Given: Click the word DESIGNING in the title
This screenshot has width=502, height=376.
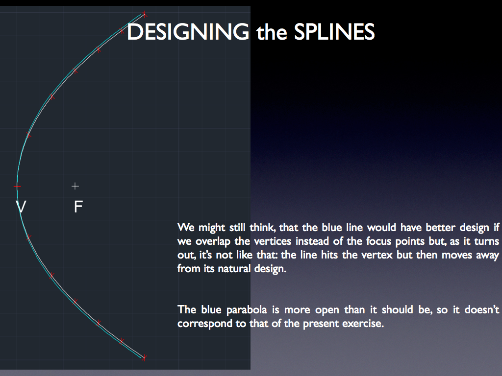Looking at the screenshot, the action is [188, 32].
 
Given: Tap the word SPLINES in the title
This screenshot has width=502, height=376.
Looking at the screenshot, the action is [334, 32].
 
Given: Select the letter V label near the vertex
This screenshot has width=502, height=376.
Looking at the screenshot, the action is [21, 207].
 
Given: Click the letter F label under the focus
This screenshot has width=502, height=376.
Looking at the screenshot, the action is [78, 207].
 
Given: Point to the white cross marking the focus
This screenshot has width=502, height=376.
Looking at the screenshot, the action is [75, 186].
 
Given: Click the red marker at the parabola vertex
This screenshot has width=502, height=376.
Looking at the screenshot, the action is [17, 186].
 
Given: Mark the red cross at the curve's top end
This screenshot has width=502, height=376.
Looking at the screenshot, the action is [145, 14].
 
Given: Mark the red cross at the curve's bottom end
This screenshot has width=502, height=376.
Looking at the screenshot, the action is [145, 357].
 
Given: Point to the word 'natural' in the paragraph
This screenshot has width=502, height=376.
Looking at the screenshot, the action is [234, 269].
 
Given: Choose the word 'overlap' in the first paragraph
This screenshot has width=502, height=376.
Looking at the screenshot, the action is [213, 241].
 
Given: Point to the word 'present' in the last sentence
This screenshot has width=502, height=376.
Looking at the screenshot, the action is [321, 324].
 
